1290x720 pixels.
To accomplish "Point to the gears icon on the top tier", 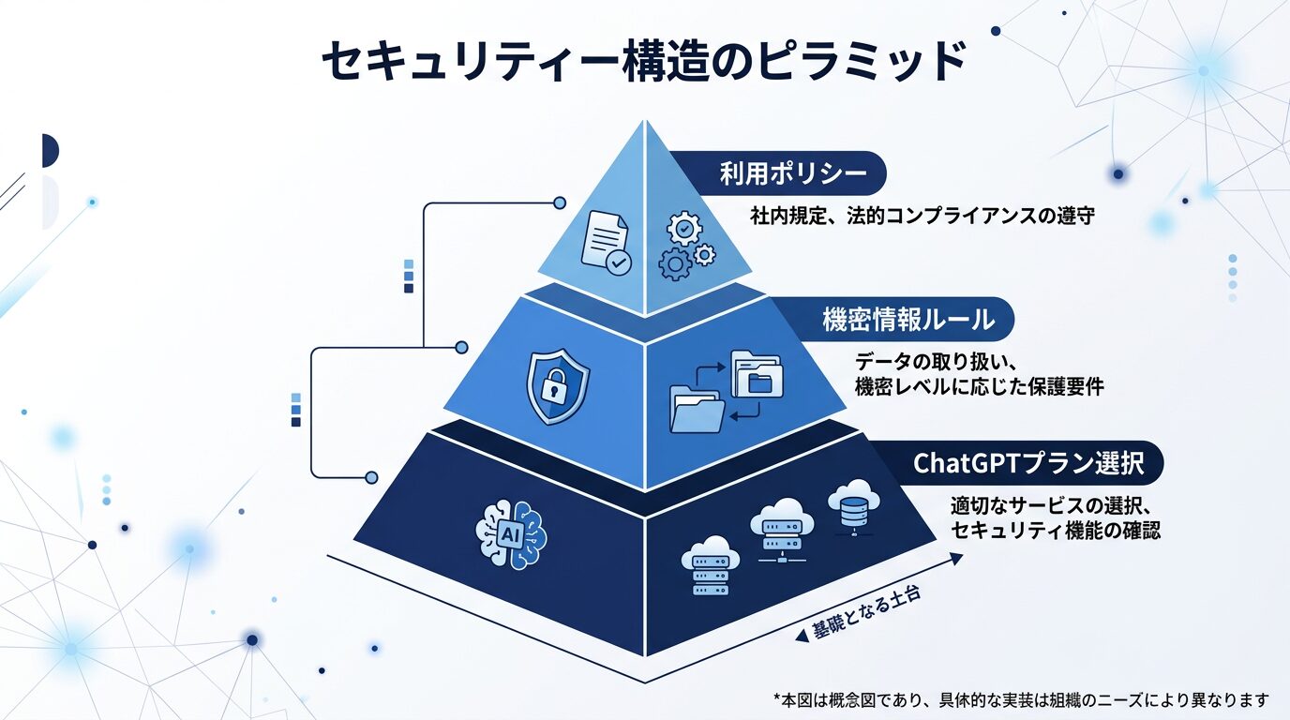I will click(x=687, y=246).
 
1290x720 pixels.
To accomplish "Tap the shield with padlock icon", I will click(x=558, y=387).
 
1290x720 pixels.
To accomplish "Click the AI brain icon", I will click(x=510, y=534).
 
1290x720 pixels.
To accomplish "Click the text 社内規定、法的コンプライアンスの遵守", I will click(x=922, y=216).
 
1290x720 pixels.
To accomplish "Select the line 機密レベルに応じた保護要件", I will click(x=979, y=385).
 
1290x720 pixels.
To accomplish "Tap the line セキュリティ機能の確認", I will click(x=1056, y=531).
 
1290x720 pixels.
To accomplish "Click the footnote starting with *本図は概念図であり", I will click(x=1021, y=699).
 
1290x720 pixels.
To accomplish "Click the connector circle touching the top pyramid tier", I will click(x=561, y=202).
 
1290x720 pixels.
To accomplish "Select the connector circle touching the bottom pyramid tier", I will click(x=371, y=477).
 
